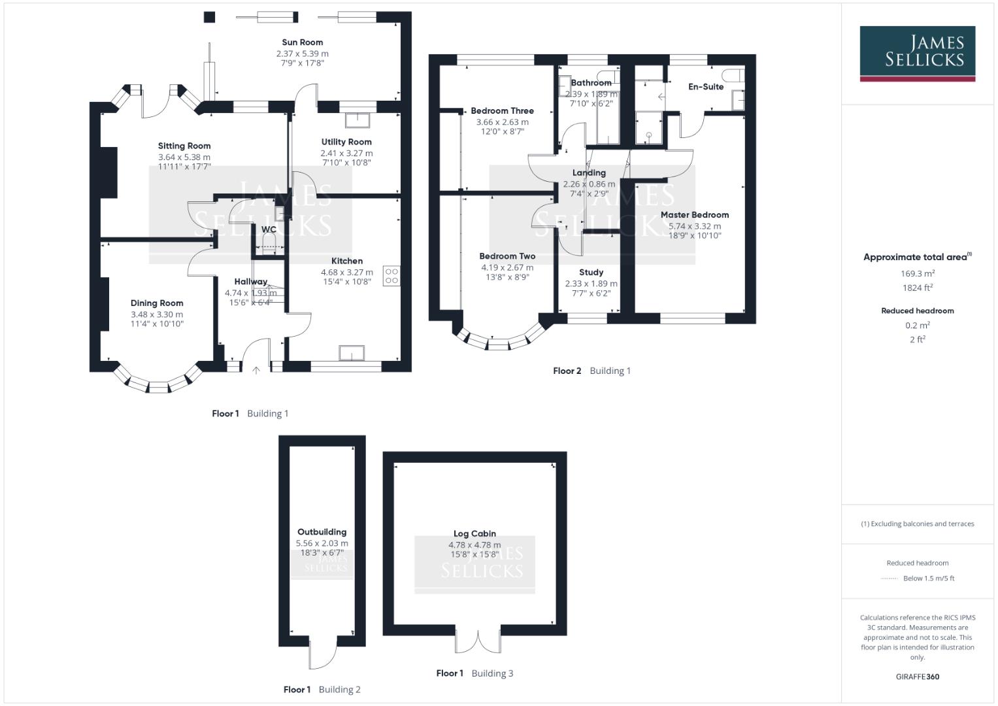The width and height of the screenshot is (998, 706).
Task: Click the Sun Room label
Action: (302, 42)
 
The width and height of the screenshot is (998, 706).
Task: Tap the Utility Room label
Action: (346, 142)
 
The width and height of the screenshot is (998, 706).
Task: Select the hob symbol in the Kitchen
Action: (391, 276)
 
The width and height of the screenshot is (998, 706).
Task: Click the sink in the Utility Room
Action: (358, 121)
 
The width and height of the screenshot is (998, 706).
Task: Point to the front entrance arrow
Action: (256, 370)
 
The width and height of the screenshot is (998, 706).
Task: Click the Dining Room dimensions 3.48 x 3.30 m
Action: (157, 314)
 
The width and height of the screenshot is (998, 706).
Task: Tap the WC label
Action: (269, 229)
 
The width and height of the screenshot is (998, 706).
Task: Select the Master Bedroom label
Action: (694, 214)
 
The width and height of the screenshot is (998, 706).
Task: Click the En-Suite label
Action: (705, 86)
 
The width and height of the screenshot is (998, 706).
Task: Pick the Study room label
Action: (591, 272)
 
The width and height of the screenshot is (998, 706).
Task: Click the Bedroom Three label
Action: (502, 111)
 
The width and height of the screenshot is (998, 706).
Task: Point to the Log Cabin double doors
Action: (478, 641)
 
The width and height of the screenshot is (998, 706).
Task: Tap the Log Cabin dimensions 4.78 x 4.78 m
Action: (474, 545)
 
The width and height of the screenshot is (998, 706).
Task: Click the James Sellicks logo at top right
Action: (917, 53)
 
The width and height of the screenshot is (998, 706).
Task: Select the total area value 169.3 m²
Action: (917, 274)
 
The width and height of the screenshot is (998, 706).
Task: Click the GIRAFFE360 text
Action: (917, 677)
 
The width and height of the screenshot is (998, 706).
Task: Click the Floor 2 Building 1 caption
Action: (591, 371)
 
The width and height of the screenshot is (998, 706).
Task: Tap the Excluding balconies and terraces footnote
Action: (917, 524)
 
